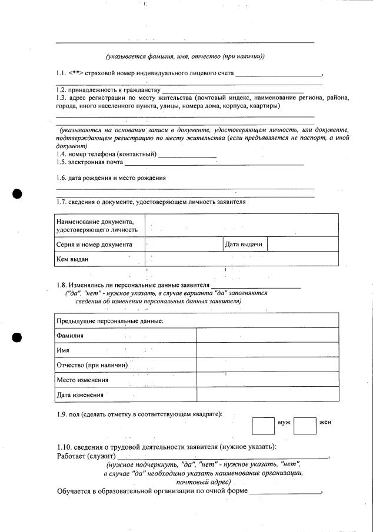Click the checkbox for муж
click(x=263, y=426)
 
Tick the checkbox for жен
click(x=305, y=426)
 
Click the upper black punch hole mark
click(x=17, y=194)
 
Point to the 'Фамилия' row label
click(x=70, y=335)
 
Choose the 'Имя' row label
click(x=63, y=350)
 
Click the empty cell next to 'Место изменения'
click(x=268, y=380)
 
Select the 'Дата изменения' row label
click(x=80, y=394)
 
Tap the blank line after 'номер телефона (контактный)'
click(x=187, y=156)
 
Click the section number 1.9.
click(x=63, y=414)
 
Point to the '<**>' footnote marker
click(x=76, y=73)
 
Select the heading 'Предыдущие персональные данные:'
click(x=110, y=320)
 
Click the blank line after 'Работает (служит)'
click(x=222, y=456)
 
